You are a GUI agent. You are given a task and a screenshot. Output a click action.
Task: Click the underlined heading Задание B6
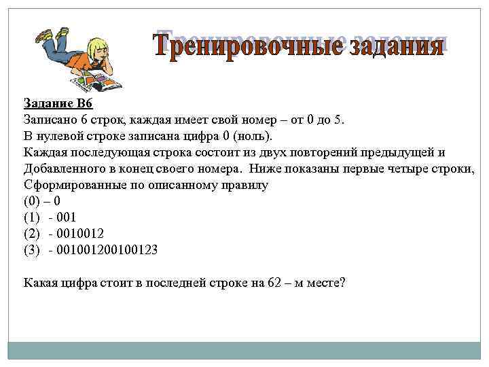tap(57, 103)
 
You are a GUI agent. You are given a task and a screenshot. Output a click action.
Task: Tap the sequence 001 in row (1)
tap(67, 217)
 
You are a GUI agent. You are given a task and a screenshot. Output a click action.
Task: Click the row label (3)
tap(31, 249)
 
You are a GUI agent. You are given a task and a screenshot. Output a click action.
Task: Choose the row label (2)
tap(31, 233)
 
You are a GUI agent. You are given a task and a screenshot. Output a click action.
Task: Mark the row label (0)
tap(31, 201)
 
